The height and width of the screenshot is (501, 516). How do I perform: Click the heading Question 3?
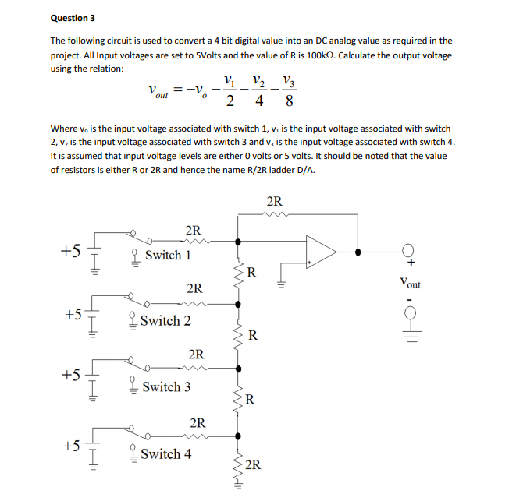(73, 18)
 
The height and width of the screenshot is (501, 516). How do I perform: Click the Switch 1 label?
(168, 256)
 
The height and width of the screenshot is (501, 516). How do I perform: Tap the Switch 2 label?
(166, 321)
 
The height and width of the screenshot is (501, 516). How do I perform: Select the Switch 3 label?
(166, 386)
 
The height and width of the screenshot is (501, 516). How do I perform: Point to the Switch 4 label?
(166, 453)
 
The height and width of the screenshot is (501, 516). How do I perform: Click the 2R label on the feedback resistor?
(275, 202)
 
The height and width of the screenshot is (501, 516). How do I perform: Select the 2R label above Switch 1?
(194, 231)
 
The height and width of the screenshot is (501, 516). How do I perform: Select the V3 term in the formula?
(290, 81)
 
